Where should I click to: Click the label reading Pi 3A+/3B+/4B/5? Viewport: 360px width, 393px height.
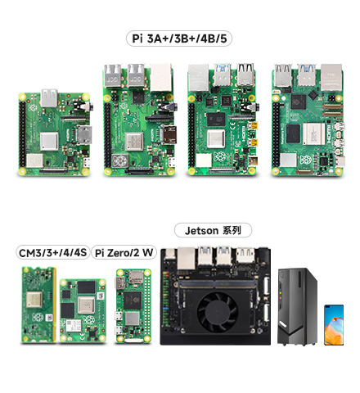coord(179,38)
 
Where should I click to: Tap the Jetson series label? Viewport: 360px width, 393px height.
coord(213,230)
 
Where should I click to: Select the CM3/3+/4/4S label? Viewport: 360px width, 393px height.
coord(52,252)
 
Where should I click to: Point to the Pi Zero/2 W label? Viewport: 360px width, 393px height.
coord(124,252)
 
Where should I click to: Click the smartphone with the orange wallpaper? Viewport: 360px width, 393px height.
coord(334,325)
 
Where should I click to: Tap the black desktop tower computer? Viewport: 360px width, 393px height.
coord(297,307)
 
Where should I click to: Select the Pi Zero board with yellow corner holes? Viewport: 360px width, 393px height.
coord(133,305)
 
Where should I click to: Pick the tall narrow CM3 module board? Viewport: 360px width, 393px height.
coord(38,305)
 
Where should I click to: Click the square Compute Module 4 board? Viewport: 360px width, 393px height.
coord(83,310)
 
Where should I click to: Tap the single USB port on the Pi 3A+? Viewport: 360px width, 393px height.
coord(49,97)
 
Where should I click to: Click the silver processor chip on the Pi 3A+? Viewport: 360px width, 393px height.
coord(49,141)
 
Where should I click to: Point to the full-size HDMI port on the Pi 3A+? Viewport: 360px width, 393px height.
coord(84,134)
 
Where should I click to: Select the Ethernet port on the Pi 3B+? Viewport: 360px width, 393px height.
coord(161,78)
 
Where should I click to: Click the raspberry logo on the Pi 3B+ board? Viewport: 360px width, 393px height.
coord(119,160)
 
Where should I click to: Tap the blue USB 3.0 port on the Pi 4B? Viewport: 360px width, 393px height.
coord(223,75)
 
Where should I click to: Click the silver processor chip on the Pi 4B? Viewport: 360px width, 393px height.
coord(216,139)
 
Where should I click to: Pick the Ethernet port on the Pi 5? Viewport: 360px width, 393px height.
coord(331,77)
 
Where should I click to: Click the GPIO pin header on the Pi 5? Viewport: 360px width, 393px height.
coord(276,134)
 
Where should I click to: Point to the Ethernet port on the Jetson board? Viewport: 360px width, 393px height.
coord(187,258)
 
